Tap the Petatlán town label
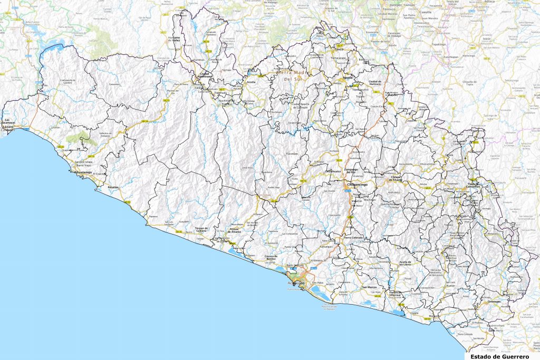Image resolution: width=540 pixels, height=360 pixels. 113,187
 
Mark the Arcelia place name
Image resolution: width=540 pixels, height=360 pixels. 251,82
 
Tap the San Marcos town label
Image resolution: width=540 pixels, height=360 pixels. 369,287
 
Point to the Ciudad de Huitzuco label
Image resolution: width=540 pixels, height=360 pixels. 374,83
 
